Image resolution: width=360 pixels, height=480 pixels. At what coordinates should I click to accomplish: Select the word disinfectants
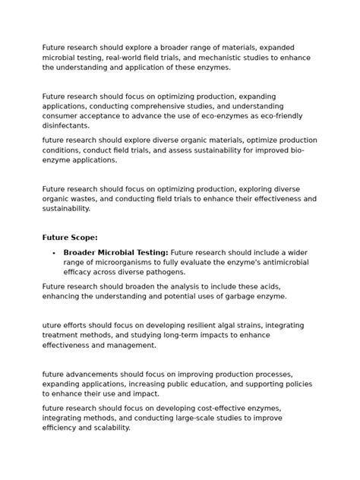coord(66,126)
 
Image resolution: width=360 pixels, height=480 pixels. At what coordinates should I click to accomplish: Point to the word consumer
coord(61,116)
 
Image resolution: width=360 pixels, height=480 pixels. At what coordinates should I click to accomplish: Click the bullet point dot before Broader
coord(53,253)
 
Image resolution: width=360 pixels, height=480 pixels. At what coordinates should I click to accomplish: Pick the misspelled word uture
coord(54,325)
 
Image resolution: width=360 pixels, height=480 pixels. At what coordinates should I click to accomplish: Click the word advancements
coord(92,374)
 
